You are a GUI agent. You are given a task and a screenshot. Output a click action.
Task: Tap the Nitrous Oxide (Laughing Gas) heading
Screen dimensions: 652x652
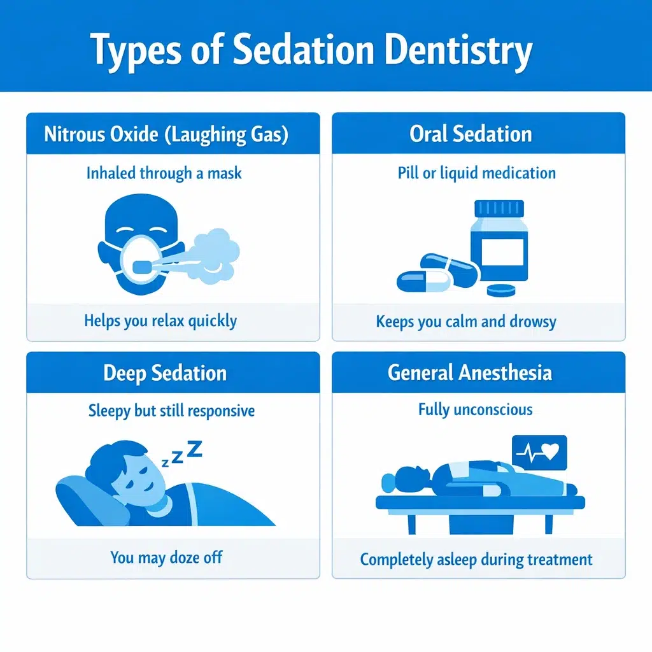[x=166, y=134]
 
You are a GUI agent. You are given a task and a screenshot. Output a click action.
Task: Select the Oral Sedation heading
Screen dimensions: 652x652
[x=471, y=134]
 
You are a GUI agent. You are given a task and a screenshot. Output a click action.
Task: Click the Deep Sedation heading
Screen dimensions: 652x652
[x=165, y=373]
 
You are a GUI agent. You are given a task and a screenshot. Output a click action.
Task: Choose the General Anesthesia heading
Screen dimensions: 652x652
[x=470, y=373]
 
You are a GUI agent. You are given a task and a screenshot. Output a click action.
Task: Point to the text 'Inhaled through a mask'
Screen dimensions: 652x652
[x=164, y=173]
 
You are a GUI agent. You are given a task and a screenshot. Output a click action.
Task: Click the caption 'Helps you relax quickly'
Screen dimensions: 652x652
[x=160, y=320]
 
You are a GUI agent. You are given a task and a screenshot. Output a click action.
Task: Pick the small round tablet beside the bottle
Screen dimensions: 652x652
[x=500, y=290]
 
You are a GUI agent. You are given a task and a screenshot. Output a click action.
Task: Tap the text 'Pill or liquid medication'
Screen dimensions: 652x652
[x=477, y=173]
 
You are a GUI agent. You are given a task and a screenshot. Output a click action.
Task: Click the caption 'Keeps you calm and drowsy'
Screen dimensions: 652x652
[x=466, y=321]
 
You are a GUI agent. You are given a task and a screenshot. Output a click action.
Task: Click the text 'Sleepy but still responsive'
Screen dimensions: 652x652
[x=171, y=411]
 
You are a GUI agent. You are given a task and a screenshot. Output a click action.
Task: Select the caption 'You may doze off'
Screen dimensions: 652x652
[x=167, y=558]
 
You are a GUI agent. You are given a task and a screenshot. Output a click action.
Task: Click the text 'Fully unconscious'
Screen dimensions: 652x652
[x=476, y=409]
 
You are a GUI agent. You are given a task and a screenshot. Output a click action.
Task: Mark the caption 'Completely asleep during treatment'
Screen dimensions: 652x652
[x=476, y=560]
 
